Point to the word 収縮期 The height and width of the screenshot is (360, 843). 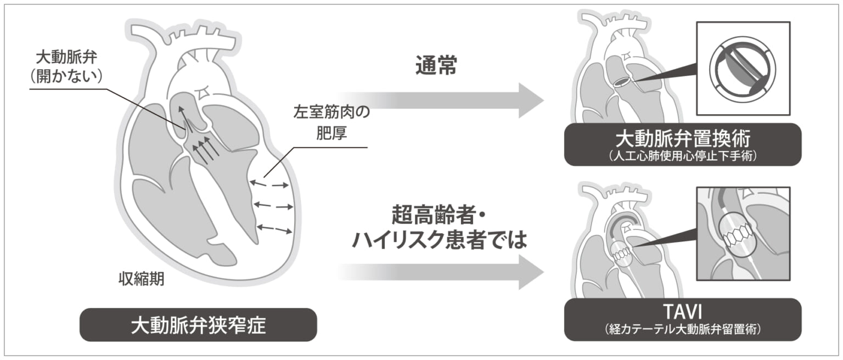(142, 279)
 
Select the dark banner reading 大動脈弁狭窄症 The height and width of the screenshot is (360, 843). (198, 325)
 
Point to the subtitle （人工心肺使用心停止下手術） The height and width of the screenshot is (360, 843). (683, 156)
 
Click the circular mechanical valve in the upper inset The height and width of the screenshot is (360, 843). (742, 69)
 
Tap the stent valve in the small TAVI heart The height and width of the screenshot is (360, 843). (621, 253)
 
